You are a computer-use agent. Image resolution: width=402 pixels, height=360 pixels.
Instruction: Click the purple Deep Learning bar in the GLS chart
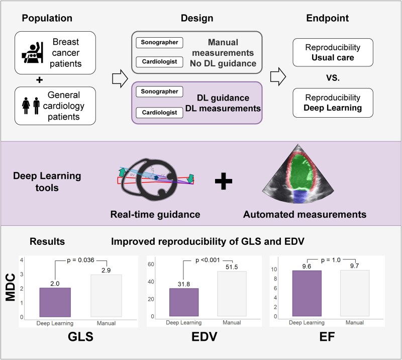pyautogui.click(x=55, y=302)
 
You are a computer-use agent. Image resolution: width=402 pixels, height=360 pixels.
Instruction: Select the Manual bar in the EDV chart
pyautogui.click(x=232, y=294)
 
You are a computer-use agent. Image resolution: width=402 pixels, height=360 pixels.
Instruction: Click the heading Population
pyautogui.click(x=47, y=19)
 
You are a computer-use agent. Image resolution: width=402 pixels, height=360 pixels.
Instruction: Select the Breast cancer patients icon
pyautogui.click(x=31, y=49)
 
